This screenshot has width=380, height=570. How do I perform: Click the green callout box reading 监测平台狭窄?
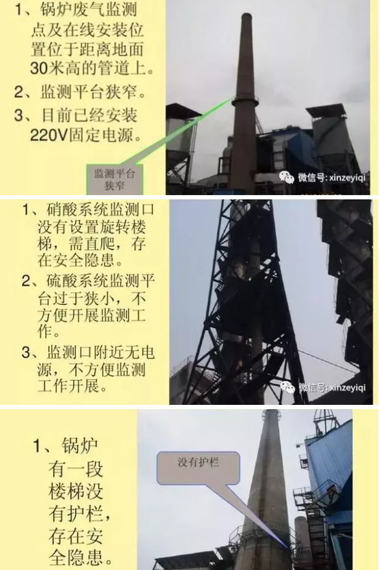[114, 177]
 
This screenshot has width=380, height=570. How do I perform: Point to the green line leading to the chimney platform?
[184, 134]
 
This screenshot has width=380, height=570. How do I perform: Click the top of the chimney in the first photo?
[246, 17]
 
